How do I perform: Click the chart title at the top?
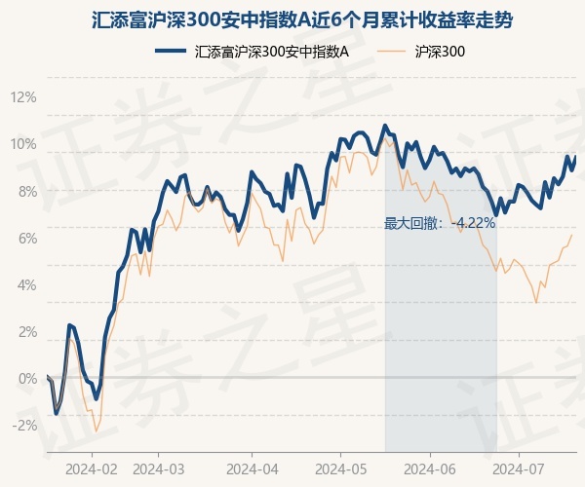[292, 19]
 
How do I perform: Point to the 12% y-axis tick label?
[23, 97]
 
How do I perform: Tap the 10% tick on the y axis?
[23, 144]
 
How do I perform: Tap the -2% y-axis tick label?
[23, 425]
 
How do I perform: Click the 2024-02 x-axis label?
[92, 468]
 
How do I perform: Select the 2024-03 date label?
[158, 468]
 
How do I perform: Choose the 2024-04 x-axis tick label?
[252, 468]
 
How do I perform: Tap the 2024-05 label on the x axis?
[340, 468]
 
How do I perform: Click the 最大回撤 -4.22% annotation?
[441, 223]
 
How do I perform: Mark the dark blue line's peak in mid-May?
[385, 125]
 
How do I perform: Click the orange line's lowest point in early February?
[96, 431]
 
